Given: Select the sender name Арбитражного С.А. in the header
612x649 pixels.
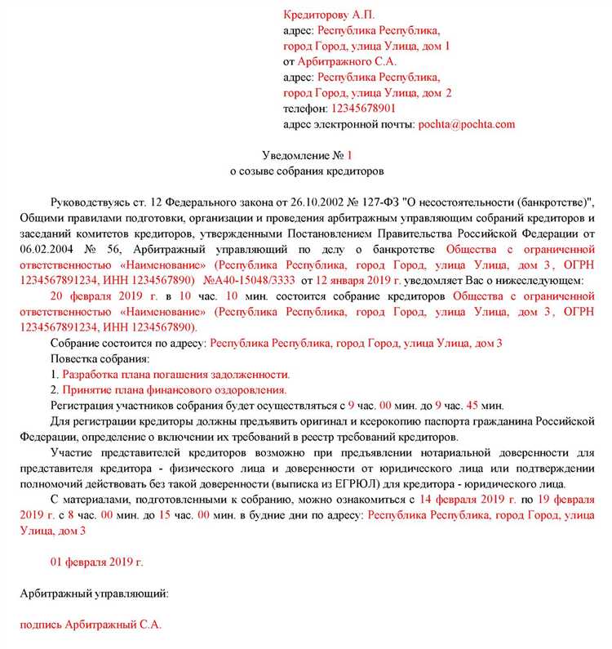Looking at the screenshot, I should coord(347,61).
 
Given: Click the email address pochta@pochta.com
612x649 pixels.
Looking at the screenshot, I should coord(466,124).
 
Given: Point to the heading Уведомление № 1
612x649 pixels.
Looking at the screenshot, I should coord(307,155).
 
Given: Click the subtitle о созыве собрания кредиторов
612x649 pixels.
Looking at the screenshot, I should coord(307,171).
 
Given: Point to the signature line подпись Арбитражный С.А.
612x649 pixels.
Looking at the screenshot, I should coord(91,625).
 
